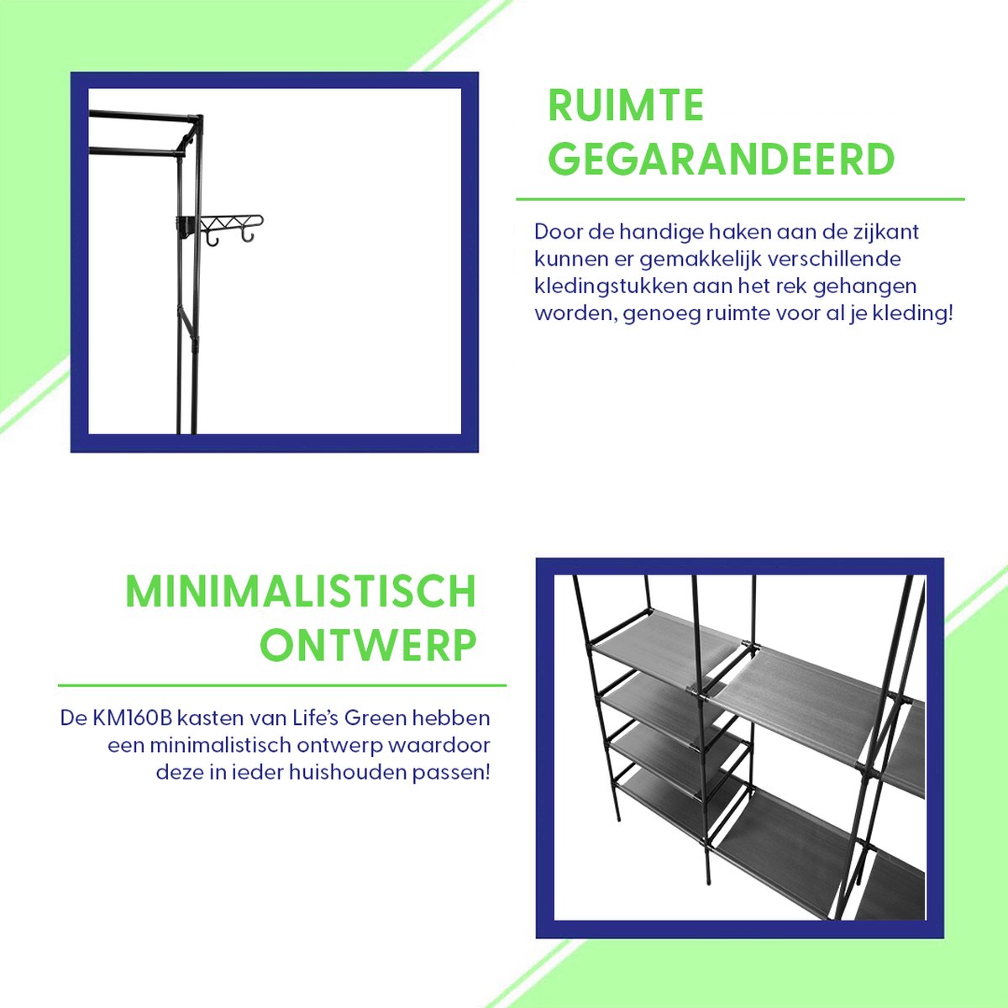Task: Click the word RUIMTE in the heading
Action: pos(626,106)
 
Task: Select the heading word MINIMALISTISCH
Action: pos(301,591)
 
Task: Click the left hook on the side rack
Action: pos(212,239)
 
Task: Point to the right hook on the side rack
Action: pos(248,238)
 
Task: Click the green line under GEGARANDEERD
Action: pos(740,199)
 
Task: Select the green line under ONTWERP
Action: pos(282,685)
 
